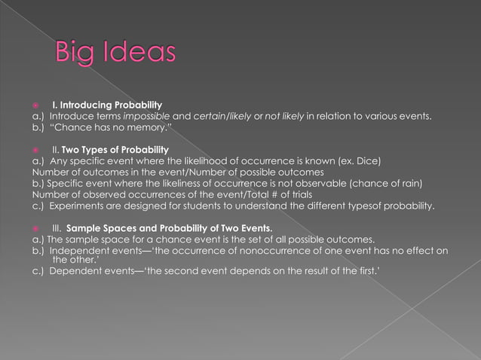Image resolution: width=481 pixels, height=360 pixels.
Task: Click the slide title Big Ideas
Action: [115, 53]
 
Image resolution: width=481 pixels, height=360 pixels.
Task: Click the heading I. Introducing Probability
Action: [106, 103]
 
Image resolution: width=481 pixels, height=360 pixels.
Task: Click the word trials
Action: [305, 194]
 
